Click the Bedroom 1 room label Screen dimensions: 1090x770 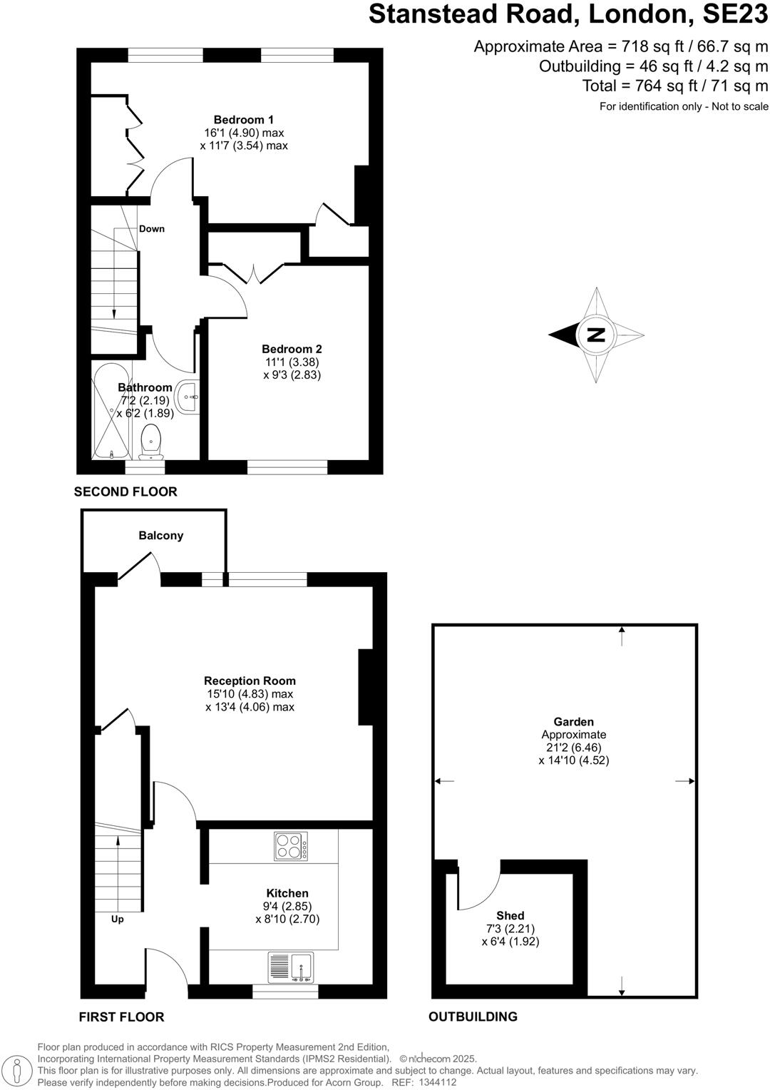pos(244,120)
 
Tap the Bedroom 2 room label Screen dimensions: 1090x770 pos(292,349)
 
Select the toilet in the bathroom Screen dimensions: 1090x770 pos(151,442)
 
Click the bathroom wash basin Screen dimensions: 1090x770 pos(189,396)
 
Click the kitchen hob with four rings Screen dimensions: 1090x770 pos(291,847)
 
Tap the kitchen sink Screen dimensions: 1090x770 pos(291,967)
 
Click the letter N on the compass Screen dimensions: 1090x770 pos(595,335)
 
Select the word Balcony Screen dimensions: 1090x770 pos(161,536)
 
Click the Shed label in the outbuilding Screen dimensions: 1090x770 pos(510,915)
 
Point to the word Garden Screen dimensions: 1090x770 pos(574,722)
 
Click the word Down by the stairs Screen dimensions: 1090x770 pos(152,229)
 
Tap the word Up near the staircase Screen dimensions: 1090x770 pos(118,919)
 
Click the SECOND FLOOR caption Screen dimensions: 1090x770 pos(125,491)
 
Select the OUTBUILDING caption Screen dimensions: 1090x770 pos(473,1017)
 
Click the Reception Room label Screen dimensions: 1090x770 pos(250,681)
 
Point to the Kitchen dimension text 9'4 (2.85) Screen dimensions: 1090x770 pos(287,906)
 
